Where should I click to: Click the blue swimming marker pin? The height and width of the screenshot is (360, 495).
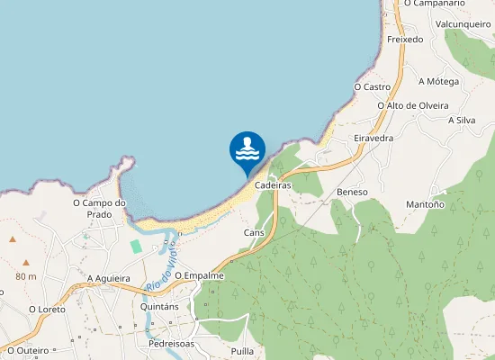(x=247, y=150)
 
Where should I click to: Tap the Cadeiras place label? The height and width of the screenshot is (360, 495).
(x=272, y=184)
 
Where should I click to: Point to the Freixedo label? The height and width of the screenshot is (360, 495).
(x=405, y=40)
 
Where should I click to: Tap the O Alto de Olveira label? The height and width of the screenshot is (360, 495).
(x=413, y=105)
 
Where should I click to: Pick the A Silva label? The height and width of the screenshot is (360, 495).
(x=461, y=120)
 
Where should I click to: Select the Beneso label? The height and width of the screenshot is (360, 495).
(x=353, y=193)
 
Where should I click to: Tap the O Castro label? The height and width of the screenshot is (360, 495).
(x=372, y=87)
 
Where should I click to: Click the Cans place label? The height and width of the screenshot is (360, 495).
(x=254, y=232)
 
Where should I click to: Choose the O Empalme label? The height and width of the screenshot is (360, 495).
(x=199, y=275)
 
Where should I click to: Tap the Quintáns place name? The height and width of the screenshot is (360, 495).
(x=163, y=306)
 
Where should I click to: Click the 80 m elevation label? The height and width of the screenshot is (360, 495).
(x=25, y=276)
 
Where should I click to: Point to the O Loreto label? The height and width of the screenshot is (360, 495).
(x=47, y=309)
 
